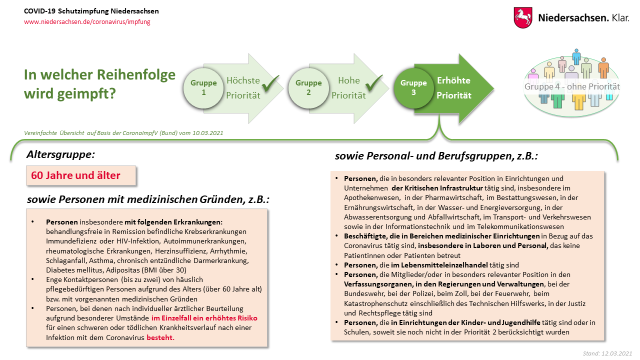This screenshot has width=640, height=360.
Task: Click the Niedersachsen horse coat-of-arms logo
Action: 523,17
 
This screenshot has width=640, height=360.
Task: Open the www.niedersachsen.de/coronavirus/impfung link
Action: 87,22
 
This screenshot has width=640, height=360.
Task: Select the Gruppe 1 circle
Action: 203,88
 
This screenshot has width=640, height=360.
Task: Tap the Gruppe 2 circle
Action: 308,88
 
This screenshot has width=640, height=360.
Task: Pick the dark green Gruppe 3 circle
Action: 414,88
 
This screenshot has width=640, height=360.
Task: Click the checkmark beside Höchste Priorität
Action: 270,85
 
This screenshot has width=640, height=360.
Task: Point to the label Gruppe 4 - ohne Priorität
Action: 572,86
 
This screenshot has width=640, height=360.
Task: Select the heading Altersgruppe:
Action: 60,154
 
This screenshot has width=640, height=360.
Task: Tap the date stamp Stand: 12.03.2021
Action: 607,353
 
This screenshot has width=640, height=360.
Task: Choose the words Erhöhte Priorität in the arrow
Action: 454,88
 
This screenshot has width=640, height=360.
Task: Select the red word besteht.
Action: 160,337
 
